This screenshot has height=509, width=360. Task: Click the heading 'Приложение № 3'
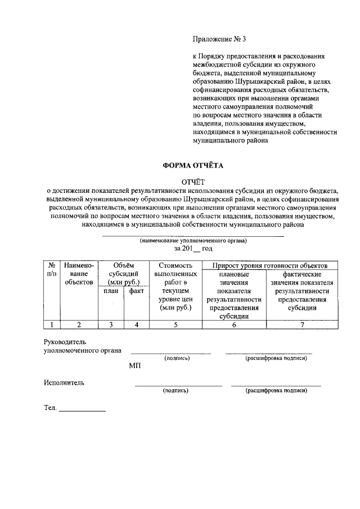tap(219, 39)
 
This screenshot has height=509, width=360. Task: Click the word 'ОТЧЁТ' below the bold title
tap(193, 181)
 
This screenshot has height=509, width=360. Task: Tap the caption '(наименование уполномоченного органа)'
tap(193, 240)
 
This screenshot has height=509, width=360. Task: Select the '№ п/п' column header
tap(51, 269)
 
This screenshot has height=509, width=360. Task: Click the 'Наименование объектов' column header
tap(79, 273)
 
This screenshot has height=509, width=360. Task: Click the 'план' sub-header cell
tap(110, 291)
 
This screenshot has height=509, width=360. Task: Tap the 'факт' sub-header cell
tap(135, 291)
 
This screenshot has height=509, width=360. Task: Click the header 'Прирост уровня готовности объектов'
tap(274, 265)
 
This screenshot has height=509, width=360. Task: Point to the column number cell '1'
tap(51, 324)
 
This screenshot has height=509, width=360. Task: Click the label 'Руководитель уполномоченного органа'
tap(82, 346)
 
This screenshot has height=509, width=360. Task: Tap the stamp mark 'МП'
tap(134, 366)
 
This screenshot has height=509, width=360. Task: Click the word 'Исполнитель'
tap(64, 383)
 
